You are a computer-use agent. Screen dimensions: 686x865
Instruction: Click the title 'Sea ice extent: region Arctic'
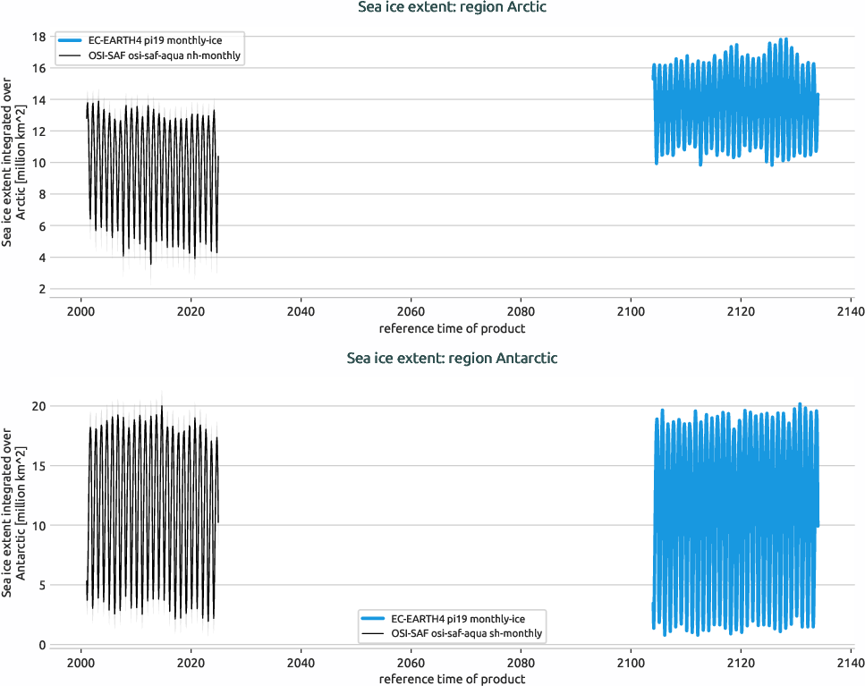coord(452,8)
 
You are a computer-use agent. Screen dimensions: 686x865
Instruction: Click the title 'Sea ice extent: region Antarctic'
coord(452,358)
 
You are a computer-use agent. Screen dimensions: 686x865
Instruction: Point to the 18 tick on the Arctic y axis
coord(39,37)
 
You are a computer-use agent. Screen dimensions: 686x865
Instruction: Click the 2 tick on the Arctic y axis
coord(42,290)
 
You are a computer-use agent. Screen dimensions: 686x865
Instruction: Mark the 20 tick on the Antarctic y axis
coord(39,406)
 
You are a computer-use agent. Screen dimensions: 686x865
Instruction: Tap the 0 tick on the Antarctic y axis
coord(42,645)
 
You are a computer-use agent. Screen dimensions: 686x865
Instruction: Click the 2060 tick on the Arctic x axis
coord(411,312)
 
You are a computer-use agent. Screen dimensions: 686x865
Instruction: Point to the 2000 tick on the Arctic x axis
coord(81,312)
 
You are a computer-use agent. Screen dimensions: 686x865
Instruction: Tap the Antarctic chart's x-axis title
coord(452,679)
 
